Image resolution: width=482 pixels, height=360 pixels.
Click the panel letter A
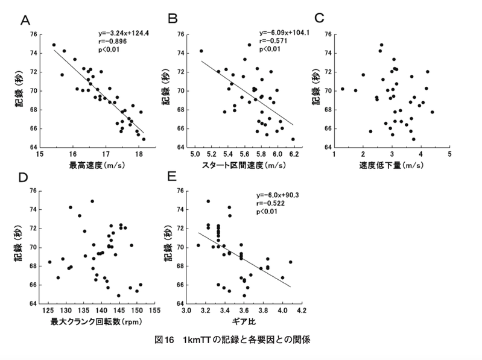click(25, 21)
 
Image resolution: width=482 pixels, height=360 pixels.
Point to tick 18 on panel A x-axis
click(138, 154)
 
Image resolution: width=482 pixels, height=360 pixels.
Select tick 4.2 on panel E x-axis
click(302, 311)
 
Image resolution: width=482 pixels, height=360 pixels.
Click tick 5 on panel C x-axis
click(449, 154)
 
